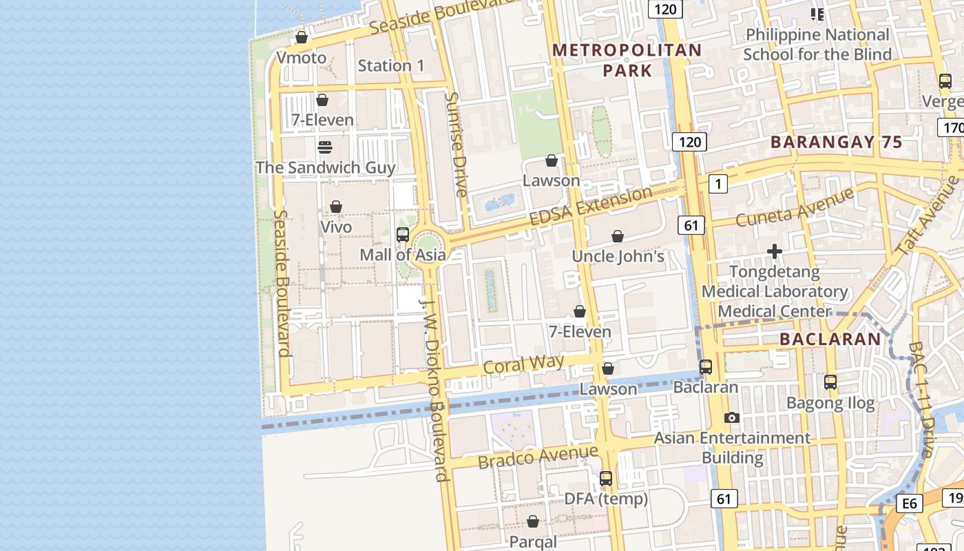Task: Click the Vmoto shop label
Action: click(302, 57)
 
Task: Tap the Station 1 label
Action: click(391, 66)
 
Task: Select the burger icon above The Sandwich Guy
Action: click(325, 147)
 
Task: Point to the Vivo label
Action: click(336, 227)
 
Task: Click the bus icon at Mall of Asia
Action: click(403, 234)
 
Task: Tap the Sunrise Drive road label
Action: click(456, 144)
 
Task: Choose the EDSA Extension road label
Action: click(591, 205)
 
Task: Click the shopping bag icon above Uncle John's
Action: click(618, 236)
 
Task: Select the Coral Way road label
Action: click(524, 364)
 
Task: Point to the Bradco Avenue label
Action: click(538, 457)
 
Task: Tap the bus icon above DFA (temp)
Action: click(606, 478)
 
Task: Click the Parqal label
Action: click(533, 541)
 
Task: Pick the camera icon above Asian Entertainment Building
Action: click(732, 417)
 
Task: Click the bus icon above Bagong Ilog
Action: click(830, 382)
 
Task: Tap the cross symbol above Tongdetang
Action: click(775, 251)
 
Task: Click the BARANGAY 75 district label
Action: click(836, 143)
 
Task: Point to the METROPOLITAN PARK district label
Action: click(627, 60)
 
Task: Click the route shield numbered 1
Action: click(719, 183)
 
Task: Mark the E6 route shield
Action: click(910, 504)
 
